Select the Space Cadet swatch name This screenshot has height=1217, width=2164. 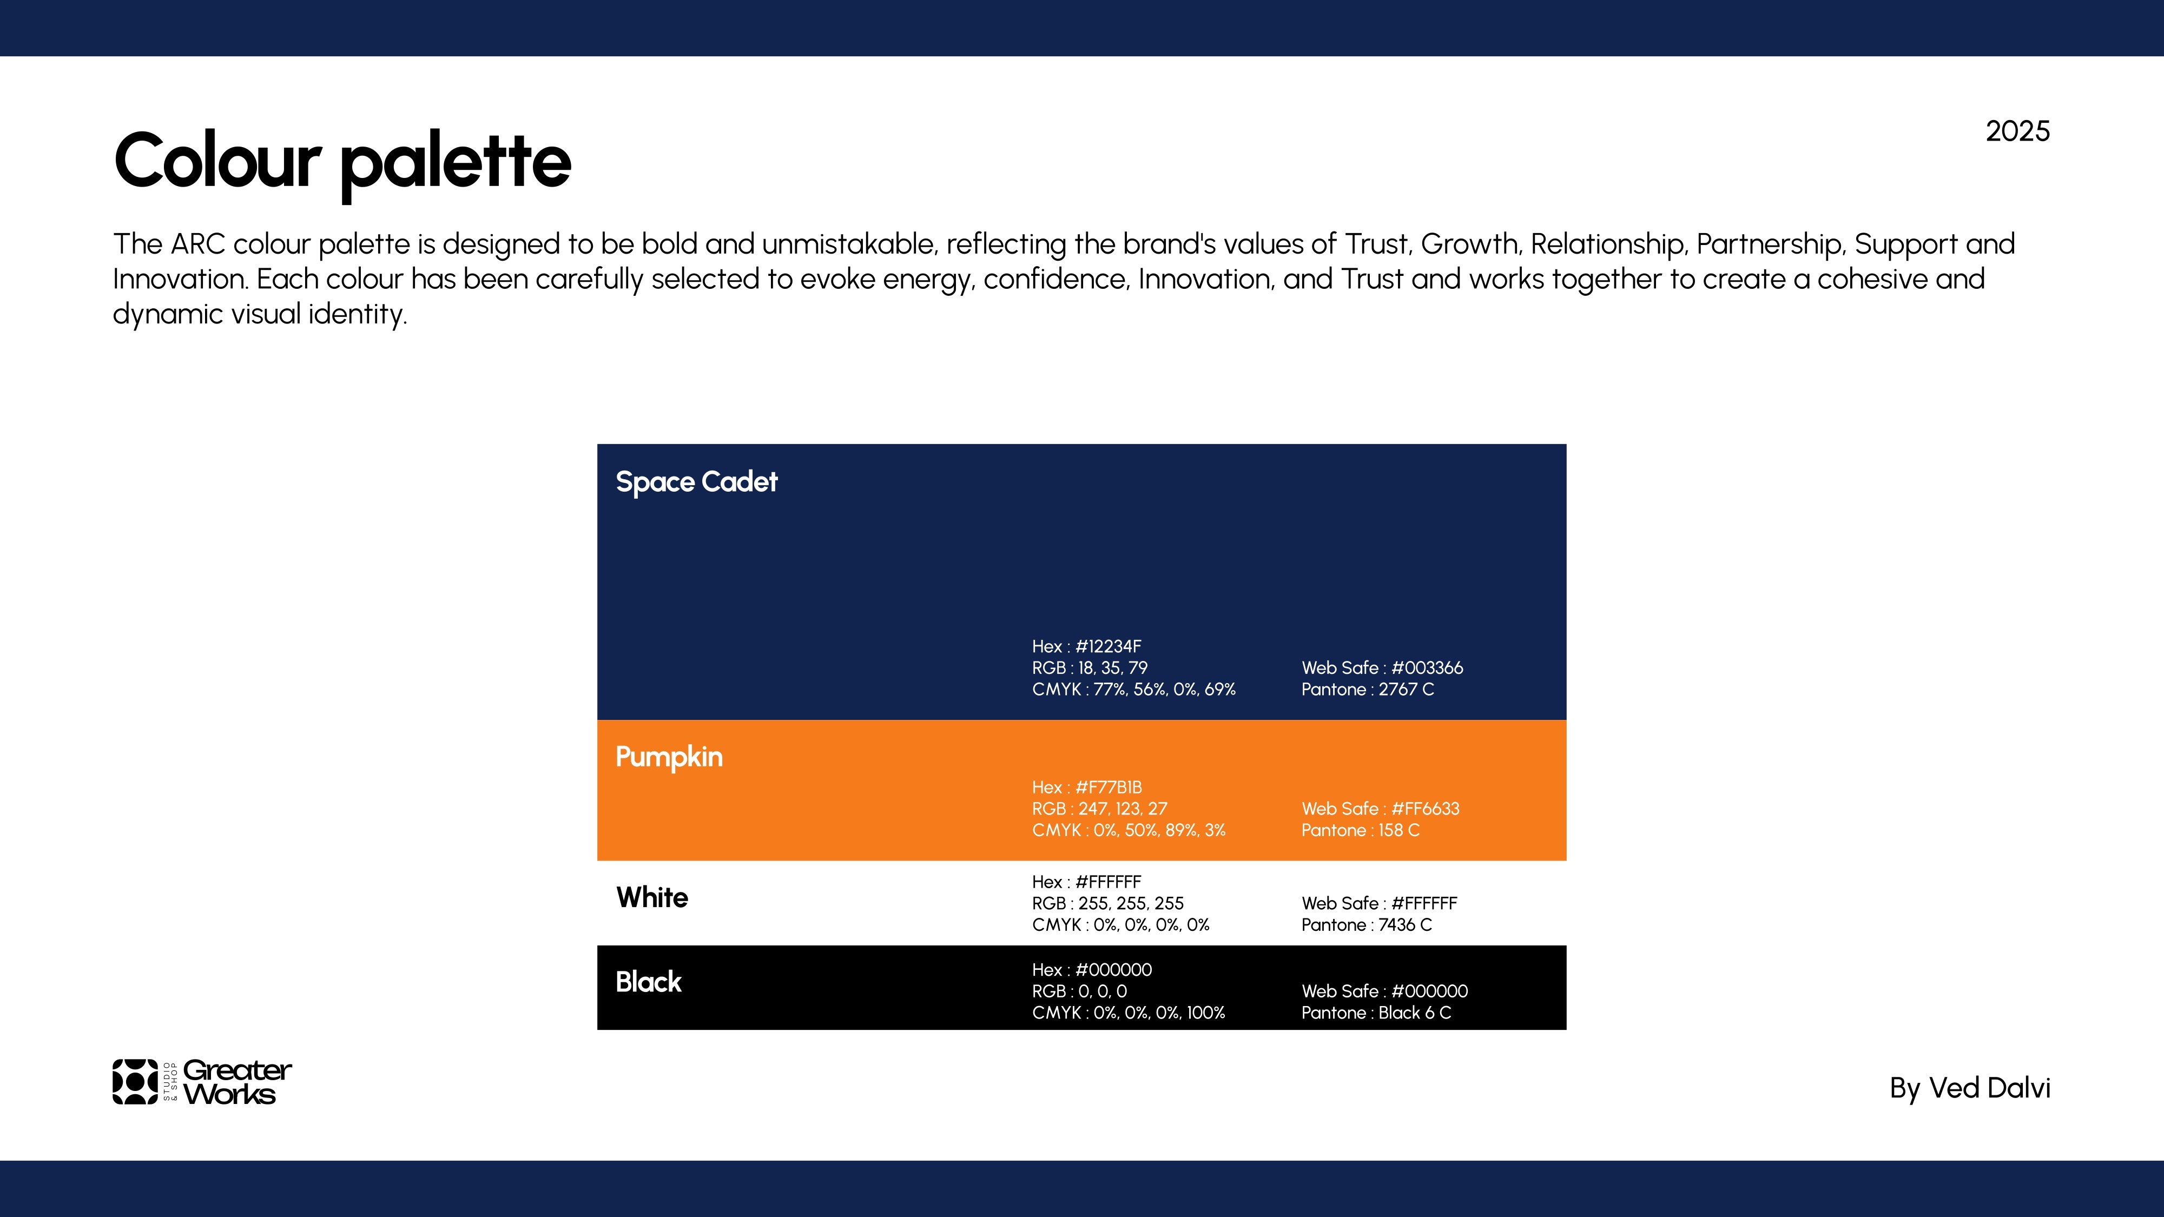[696, 482]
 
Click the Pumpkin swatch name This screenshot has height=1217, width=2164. [669, 757]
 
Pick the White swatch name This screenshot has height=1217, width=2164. [652, 897]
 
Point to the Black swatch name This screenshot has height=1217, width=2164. [649, 982]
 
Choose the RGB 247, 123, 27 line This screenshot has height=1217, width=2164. [1100, 809]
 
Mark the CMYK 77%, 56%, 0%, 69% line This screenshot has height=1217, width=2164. [1133, 690]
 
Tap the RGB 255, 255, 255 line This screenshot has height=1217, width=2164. [1107, 904]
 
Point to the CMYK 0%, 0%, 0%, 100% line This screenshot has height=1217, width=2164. [1128, 1013]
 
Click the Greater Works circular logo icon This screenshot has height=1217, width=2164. [135, 1082]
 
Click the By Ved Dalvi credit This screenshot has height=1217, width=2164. [1970, 1088]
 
